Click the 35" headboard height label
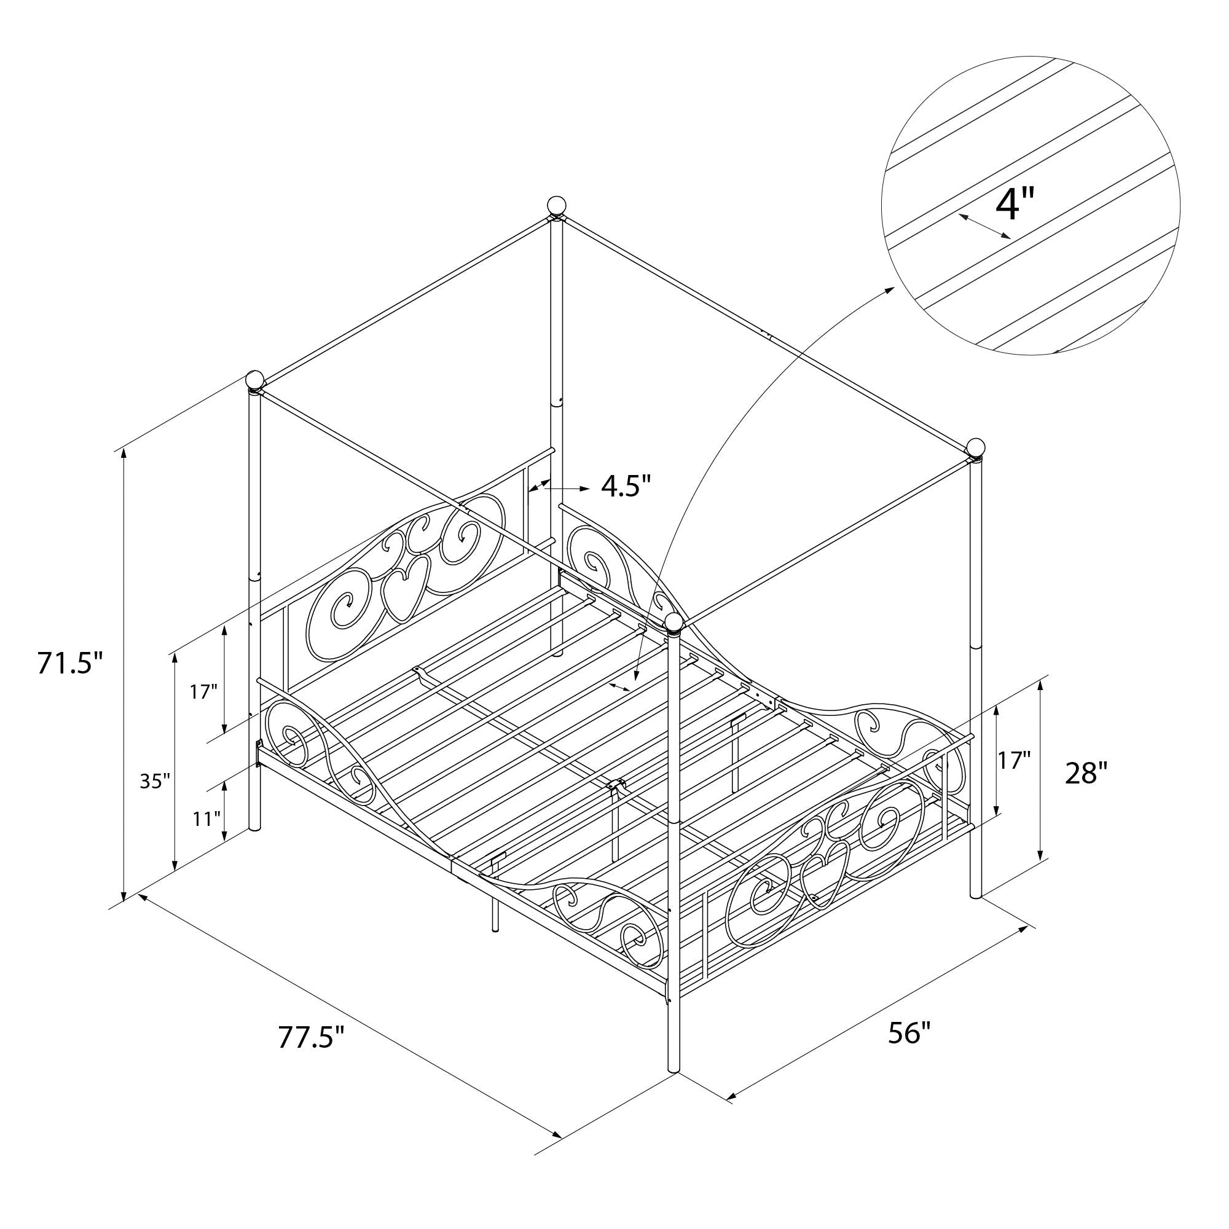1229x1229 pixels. (x=155, y=780)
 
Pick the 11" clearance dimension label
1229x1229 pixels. (x=206, y=819)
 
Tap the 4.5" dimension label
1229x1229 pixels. (x=627, y=487)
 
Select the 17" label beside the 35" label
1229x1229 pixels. (x=203, y=691)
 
